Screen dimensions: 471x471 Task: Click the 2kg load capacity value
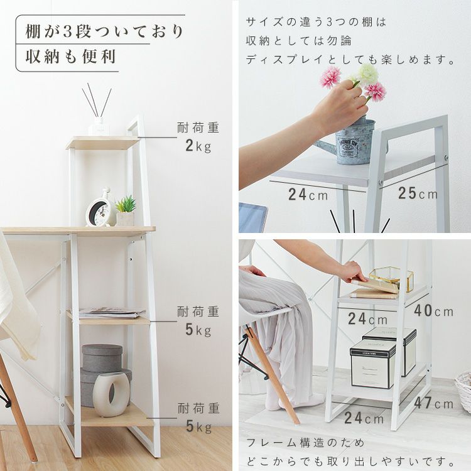(x=198, y=146)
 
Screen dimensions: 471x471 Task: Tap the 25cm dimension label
(x=418, y=193)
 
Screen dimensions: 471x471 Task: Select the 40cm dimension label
(x=434, y=311)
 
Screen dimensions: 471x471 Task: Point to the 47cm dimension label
(x=434, y=403)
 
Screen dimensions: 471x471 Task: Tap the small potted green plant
(x=125, y=211)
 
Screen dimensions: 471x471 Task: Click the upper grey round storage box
(x=102, y=358)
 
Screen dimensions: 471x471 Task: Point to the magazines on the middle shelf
(x=112, y=313)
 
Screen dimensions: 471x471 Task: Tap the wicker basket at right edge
(x=463, y=391)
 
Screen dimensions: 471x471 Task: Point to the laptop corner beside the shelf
(x=252, y=217)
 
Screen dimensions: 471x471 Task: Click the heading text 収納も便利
(x=70, y=57)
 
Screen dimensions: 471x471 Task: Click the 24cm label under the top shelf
(x=308, y=194)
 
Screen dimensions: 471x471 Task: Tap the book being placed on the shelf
(x=374, y=286)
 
